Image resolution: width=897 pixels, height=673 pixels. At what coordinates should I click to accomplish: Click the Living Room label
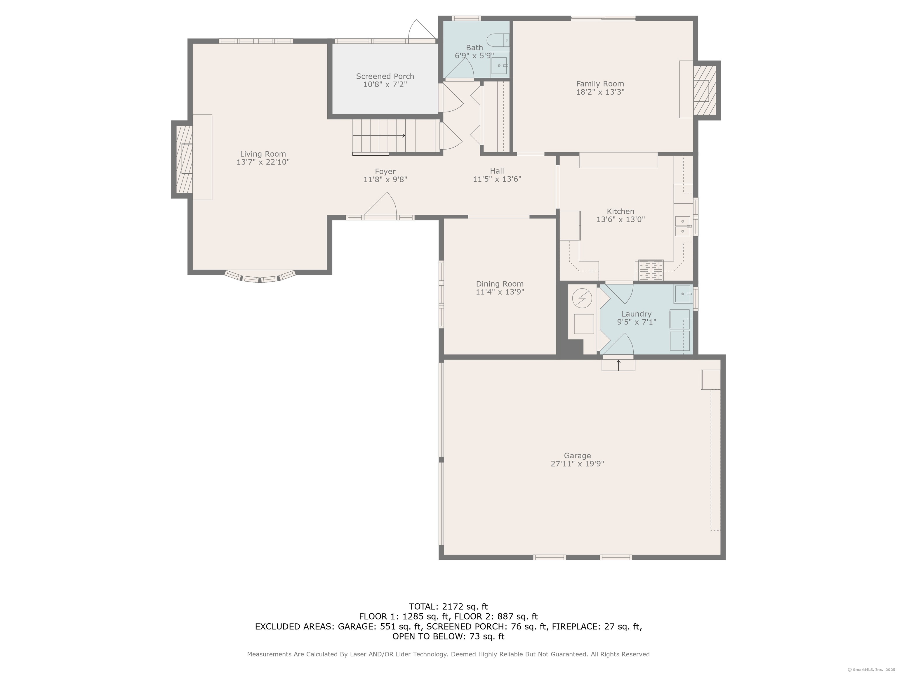(x=263, y=154)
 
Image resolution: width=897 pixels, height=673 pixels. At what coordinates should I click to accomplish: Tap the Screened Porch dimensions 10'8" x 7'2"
(x=385, y=84)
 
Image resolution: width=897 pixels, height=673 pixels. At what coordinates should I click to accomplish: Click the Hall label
(x=497, y=171)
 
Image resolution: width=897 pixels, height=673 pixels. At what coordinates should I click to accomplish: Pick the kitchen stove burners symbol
(x=651, y=270)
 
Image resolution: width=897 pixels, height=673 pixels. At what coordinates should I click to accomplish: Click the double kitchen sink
(x=683, y=226)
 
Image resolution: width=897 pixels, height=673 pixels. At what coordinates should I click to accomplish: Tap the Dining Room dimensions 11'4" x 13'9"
(x=500, y=292)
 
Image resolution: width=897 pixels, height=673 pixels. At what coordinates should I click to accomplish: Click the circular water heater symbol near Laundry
(x=582, y=298)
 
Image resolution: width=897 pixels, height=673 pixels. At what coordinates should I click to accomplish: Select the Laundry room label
(x=636, y=314)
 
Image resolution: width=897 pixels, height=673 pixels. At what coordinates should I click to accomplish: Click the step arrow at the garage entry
(x=618, y=364)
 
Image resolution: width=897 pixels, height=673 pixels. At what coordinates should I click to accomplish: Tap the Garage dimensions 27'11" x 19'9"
(x=577, y=464)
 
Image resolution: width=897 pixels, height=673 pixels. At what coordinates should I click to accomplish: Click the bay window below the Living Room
(x=260, y=277)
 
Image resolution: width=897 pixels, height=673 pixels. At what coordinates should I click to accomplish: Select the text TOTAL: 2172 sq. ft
(x=448, y=606)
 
